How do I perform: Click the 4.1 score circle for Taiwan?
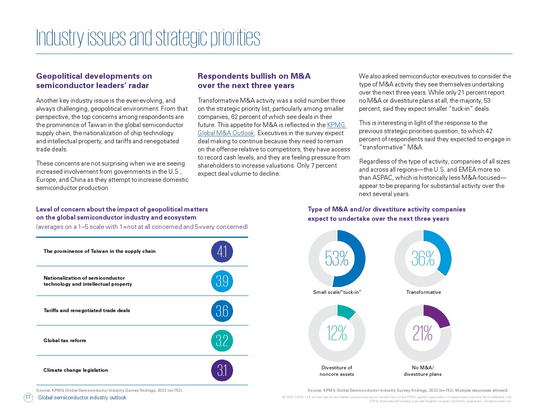(x=222, y=252)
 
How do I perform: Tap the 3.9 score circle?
(x=222, y=281)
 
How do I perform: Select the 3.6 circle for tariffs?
(x=222, y=310)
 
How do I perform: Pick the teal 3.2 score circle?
(x=222, y=341)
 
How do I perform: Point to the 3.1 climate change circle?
(x=222, y=370)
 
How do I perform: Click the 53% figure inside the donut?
(x=337, y=259)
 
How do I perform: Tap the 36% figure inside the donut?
(x=423, y=259)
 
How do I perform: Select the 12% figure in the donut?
(x=337, y=333)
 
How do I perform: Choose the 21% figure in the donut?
(x=423, y=333)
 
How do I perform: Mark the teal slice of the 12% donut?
(x=345, y=311)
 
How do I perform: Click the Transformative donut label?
(x=423, y=292)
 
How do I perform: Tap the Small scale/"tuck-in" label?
(x=337, y=292)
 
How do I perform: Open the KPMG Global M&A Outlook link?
(x=271, y=129)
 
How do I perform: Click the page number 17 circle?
(x=28, y=397)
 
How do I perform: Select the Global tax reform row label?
(x=65, y=341)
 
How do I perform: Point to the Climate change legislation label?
(x=76, y=370)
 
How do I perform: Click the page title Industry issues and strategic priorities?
(x=148, y=38)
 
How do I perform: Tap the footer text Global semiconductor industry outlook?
(x=82, y=397)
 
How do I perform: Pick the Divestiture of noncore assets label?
(x=337, y=371)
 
